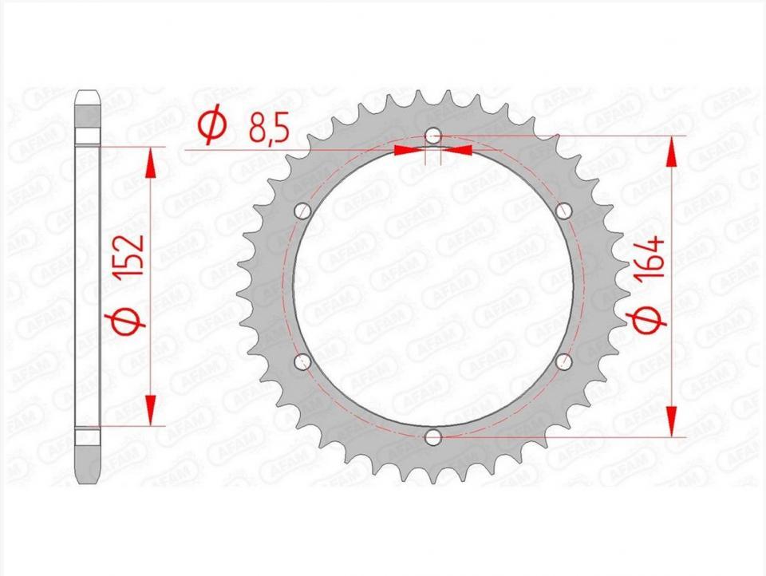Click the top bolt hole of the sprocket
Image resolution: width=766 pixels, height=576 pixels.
(x=432, y=136)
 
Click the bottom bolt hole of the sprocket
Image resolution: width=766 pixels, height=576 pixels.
(x=432, y=437)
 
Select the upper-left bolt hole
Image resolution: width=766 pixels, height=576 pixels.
(x=303, y=211)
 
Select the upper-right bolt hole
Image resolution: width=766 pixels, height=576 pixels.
(x=564, y=211)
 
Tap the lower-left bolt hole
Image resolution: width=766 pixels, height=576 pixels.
(x=303, y=361)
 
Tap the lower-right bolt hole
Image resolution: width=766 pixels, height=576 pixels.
(x=564, y=361)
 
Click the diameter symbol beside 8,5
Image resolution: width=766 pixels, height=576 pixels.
(x=212, y=127)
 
